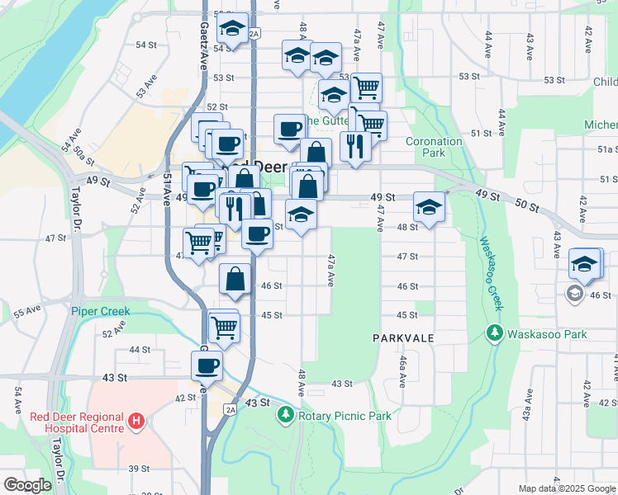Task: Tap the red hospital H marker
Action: click(136, 422)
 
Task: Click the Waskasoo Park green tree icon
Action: click(494, 334)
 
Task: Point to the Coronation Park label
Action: click(434, 147)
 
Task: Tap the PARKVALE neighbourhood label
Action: click(402, 339)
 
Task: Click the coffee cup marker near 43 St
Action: click(207, 365)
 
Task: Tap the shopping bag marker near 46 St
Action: click(235, 280)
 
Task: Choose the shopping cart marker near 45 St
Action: click(224, 326)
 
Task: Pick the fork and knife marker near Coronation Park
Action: click(355, 146)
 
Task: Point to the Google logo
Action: click(26, 485)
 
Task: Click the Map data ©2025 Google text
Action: click(566, 488)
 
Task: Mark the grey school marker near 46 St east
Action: click(574, 293)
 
